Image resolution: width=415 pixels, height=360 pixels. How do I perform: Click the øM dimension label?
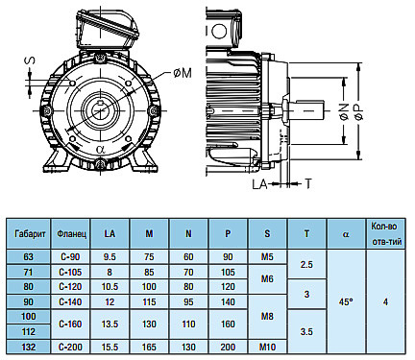click(183, 73)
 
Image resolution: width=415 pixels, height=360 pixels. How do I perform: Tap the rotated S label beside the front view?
click(31, 60)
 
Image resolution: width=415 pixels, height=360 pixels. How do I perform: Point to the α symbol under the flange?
click(101, 150)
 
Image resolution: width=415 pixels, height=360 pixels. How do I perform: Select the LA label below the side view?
click(259, 184)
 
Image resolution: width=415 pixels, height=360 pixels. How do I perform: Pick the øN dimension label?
click(344, 111)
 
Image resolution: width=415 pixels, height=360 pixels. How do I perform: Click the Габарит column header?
click(30, 234)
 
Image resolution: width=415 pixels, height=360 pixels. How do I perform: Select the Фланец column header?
click(71, 234)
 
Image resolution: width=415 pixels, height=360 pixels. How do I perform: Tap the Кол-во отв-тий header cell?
click(386, 234)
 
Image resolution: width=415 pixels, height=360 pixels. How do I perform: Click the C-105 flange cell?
click(70, 272)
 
